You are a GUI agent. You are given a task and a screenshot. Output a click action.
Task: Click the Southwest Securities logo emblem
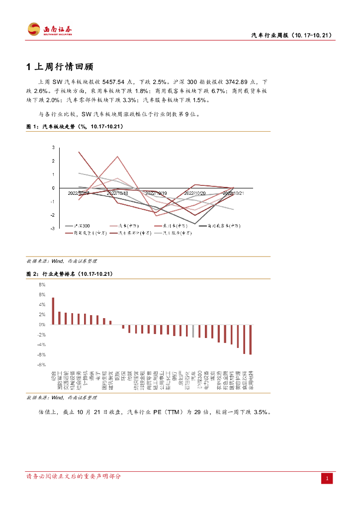tap(34, 29)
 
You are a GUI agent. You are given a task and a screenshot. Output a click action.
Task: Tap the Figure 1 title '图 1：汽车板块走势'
tap(75, 127)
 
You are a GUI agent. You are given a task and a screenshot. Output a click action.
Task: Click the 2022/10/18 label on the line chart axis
tap(117, 193)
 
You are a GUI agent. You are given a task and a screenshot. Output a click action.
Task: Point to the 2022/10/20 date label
tap(195, 193)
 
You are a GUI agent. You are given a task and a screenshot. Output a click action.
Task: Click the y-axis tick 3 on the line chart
tap(53, 148)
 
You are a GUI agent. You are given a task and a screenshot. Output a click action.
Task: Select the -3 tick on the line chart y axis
tap(52, 229)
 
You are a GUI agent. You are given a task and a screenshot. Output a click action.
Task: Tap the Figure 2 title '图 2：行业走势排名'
tap(70, 274)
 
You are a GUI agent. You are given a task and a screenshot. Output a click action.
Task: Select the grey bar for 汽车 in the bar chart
tap(193, 331)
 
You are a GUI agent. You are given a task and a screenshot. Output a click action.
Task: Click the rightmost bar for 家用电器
tap(251, 339)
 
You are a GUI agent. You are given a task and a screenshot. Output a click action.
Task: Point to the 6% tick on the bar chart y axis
tap(42, 295)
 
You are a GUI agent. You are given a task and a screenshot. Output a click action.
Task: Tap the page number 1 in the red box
tap(327, 478)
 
